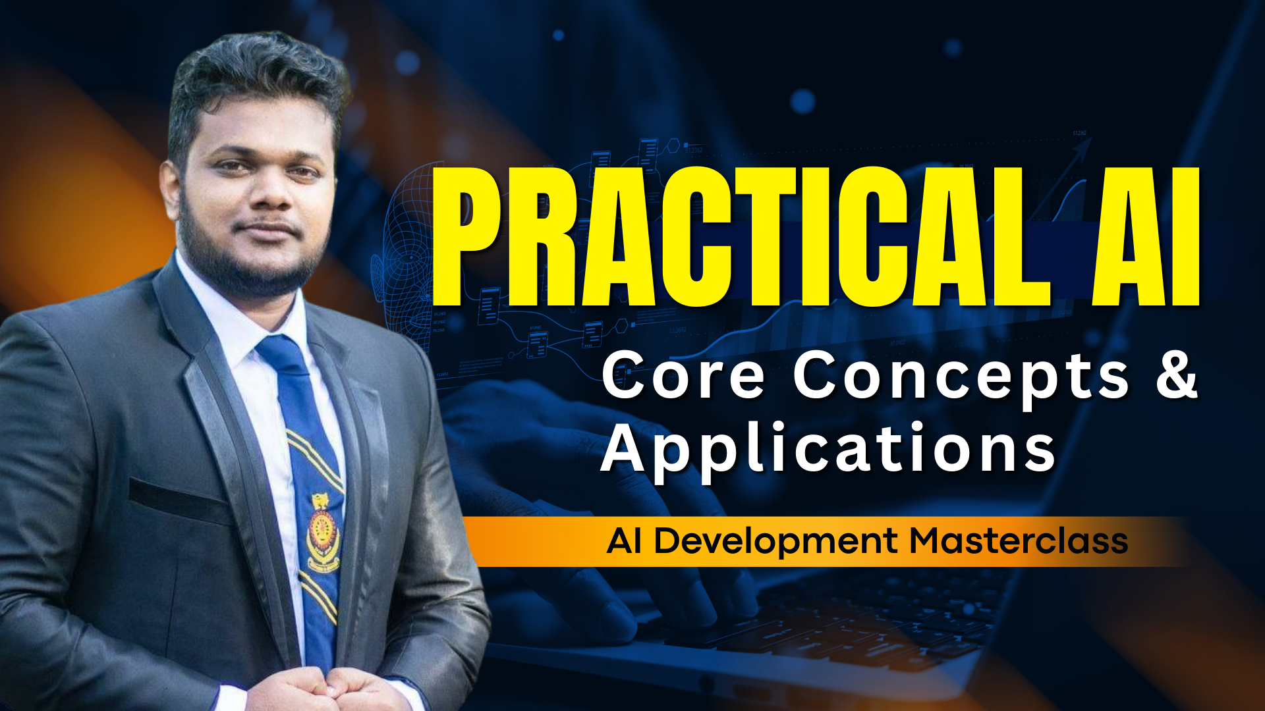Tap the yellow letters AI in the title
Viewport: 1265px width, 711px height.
(1145, 236)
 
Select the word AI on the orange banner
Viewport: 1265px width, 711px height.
(625, 541)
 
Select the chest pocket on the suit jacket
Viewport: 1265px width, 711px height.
(178, 500)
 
